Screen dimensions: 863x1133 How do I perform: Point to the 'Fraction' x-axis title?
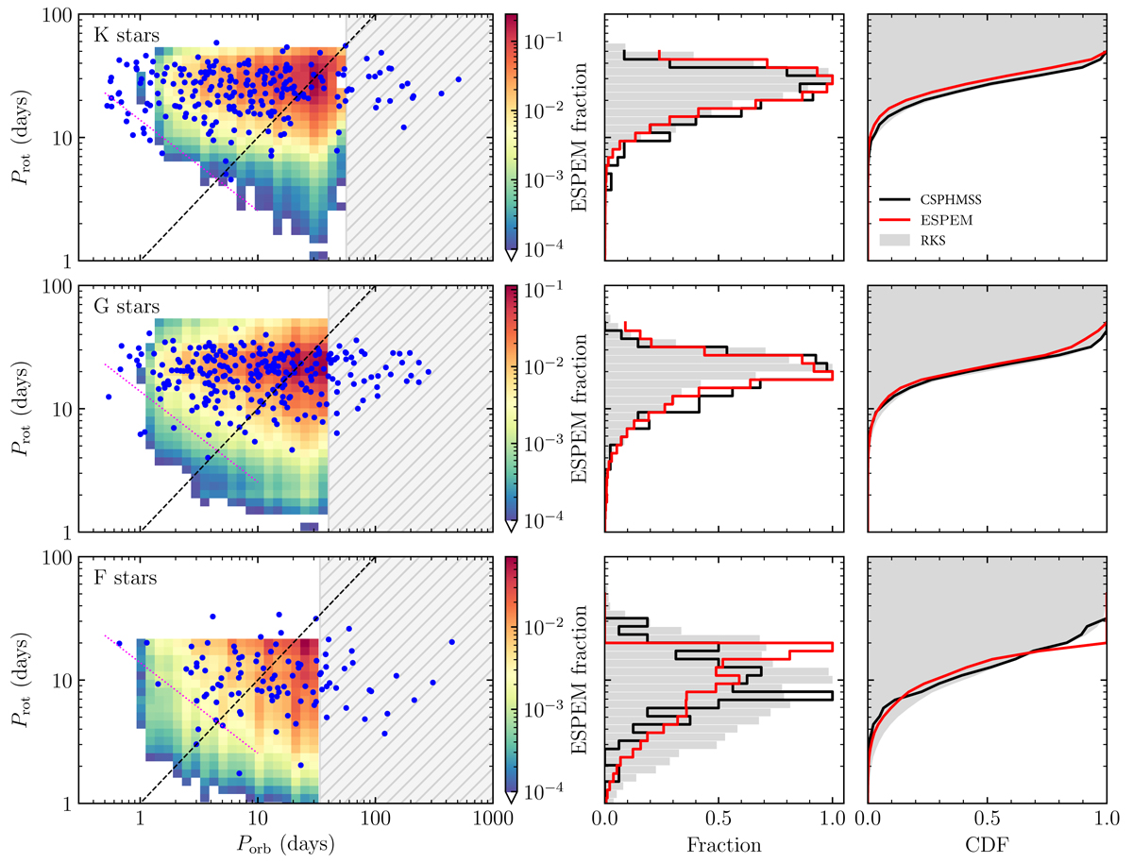tap(719, 845)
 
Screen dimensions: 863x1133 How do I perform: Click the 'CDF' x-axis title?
tap(987, 845)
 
